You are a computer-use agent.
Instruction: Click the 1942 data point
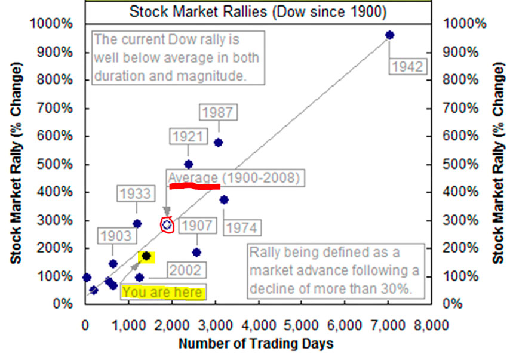coord(390,35)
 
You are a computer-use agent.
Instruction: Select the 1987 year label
coord(218,112)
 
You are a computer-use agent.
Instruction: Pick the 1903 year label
coord(115,236)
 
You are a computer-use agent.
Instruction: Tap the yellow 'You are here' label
coord(163,293)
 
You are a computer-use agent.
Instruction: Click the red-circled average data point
coord(167,225)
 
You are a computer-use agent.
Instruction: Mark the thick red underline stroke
coord(195,187)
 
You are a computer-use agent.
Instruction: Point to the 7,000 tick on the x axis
coord(389,325)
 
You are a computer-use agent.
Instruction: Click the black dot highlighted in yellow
coord(146,256)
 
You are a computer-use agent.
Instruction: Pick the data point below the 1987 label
coord(218,143)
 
